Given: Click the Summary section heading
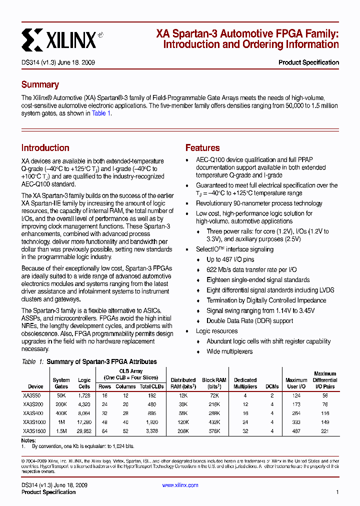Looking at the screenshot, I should point(40,84).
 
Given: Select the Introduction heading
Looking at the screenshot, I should point(45,148).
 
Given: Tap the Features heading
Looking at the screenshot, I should point(202,148).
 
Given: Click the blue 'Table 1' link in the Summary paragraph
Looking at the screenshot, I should point(101,113).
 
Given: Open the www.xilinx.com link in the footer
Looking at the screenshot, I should point(180,485).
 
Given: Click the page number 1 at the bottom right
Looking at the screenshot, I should point(337,492).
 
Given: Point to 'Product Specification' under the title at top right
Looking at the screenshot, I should point(308,62).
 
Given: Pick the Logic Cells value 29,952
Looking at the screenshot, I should point(84,431).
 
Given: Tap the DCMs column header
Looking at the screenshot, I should point(272,386).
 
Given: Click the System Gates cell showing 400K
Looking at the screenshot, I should point(61,413).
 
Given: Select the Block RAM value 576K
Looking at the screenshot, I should point(214,431).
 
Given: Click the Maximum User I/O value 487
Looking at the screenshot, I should point(296,431).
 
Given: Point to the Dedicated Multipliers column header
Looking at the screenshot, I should point(245,383).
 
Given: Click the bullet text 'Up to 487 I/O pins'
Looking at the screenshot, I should point(230,259).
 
